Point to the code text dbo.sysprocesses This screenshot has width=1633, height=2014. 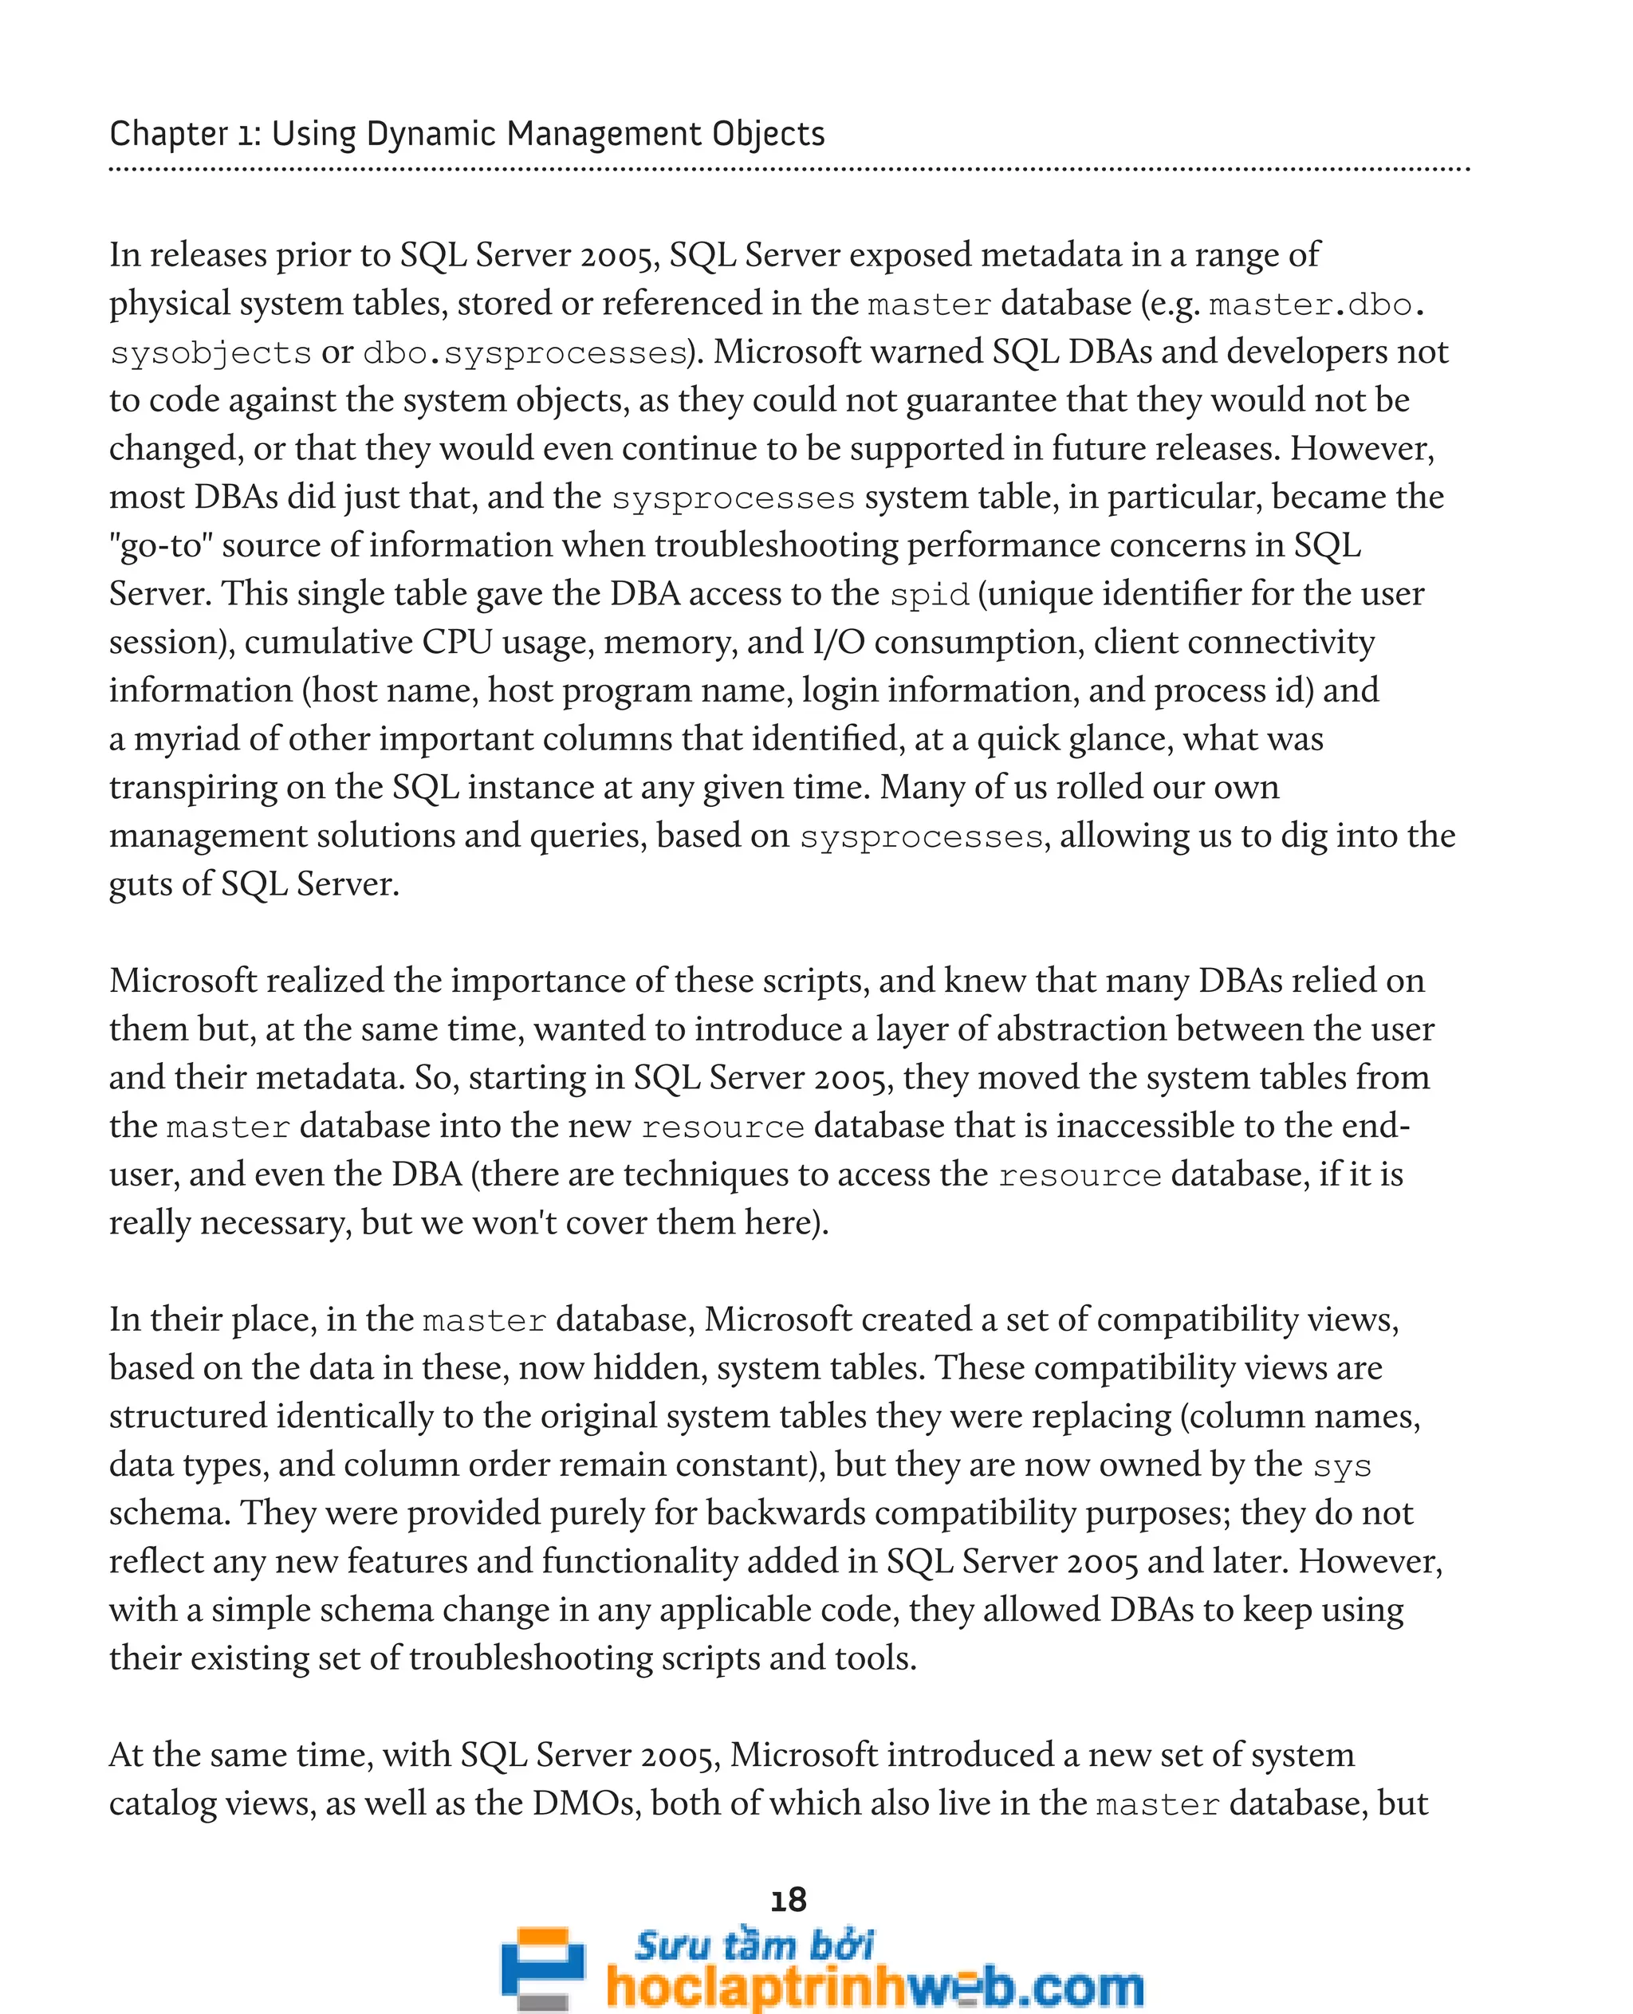pos(525,352)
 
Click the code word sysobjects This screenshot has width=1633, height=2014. pos(210,352)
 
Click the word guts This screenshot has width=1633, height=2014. pos(142,884)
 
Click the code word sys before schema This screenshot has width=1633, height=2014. pos(1341,1465)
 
